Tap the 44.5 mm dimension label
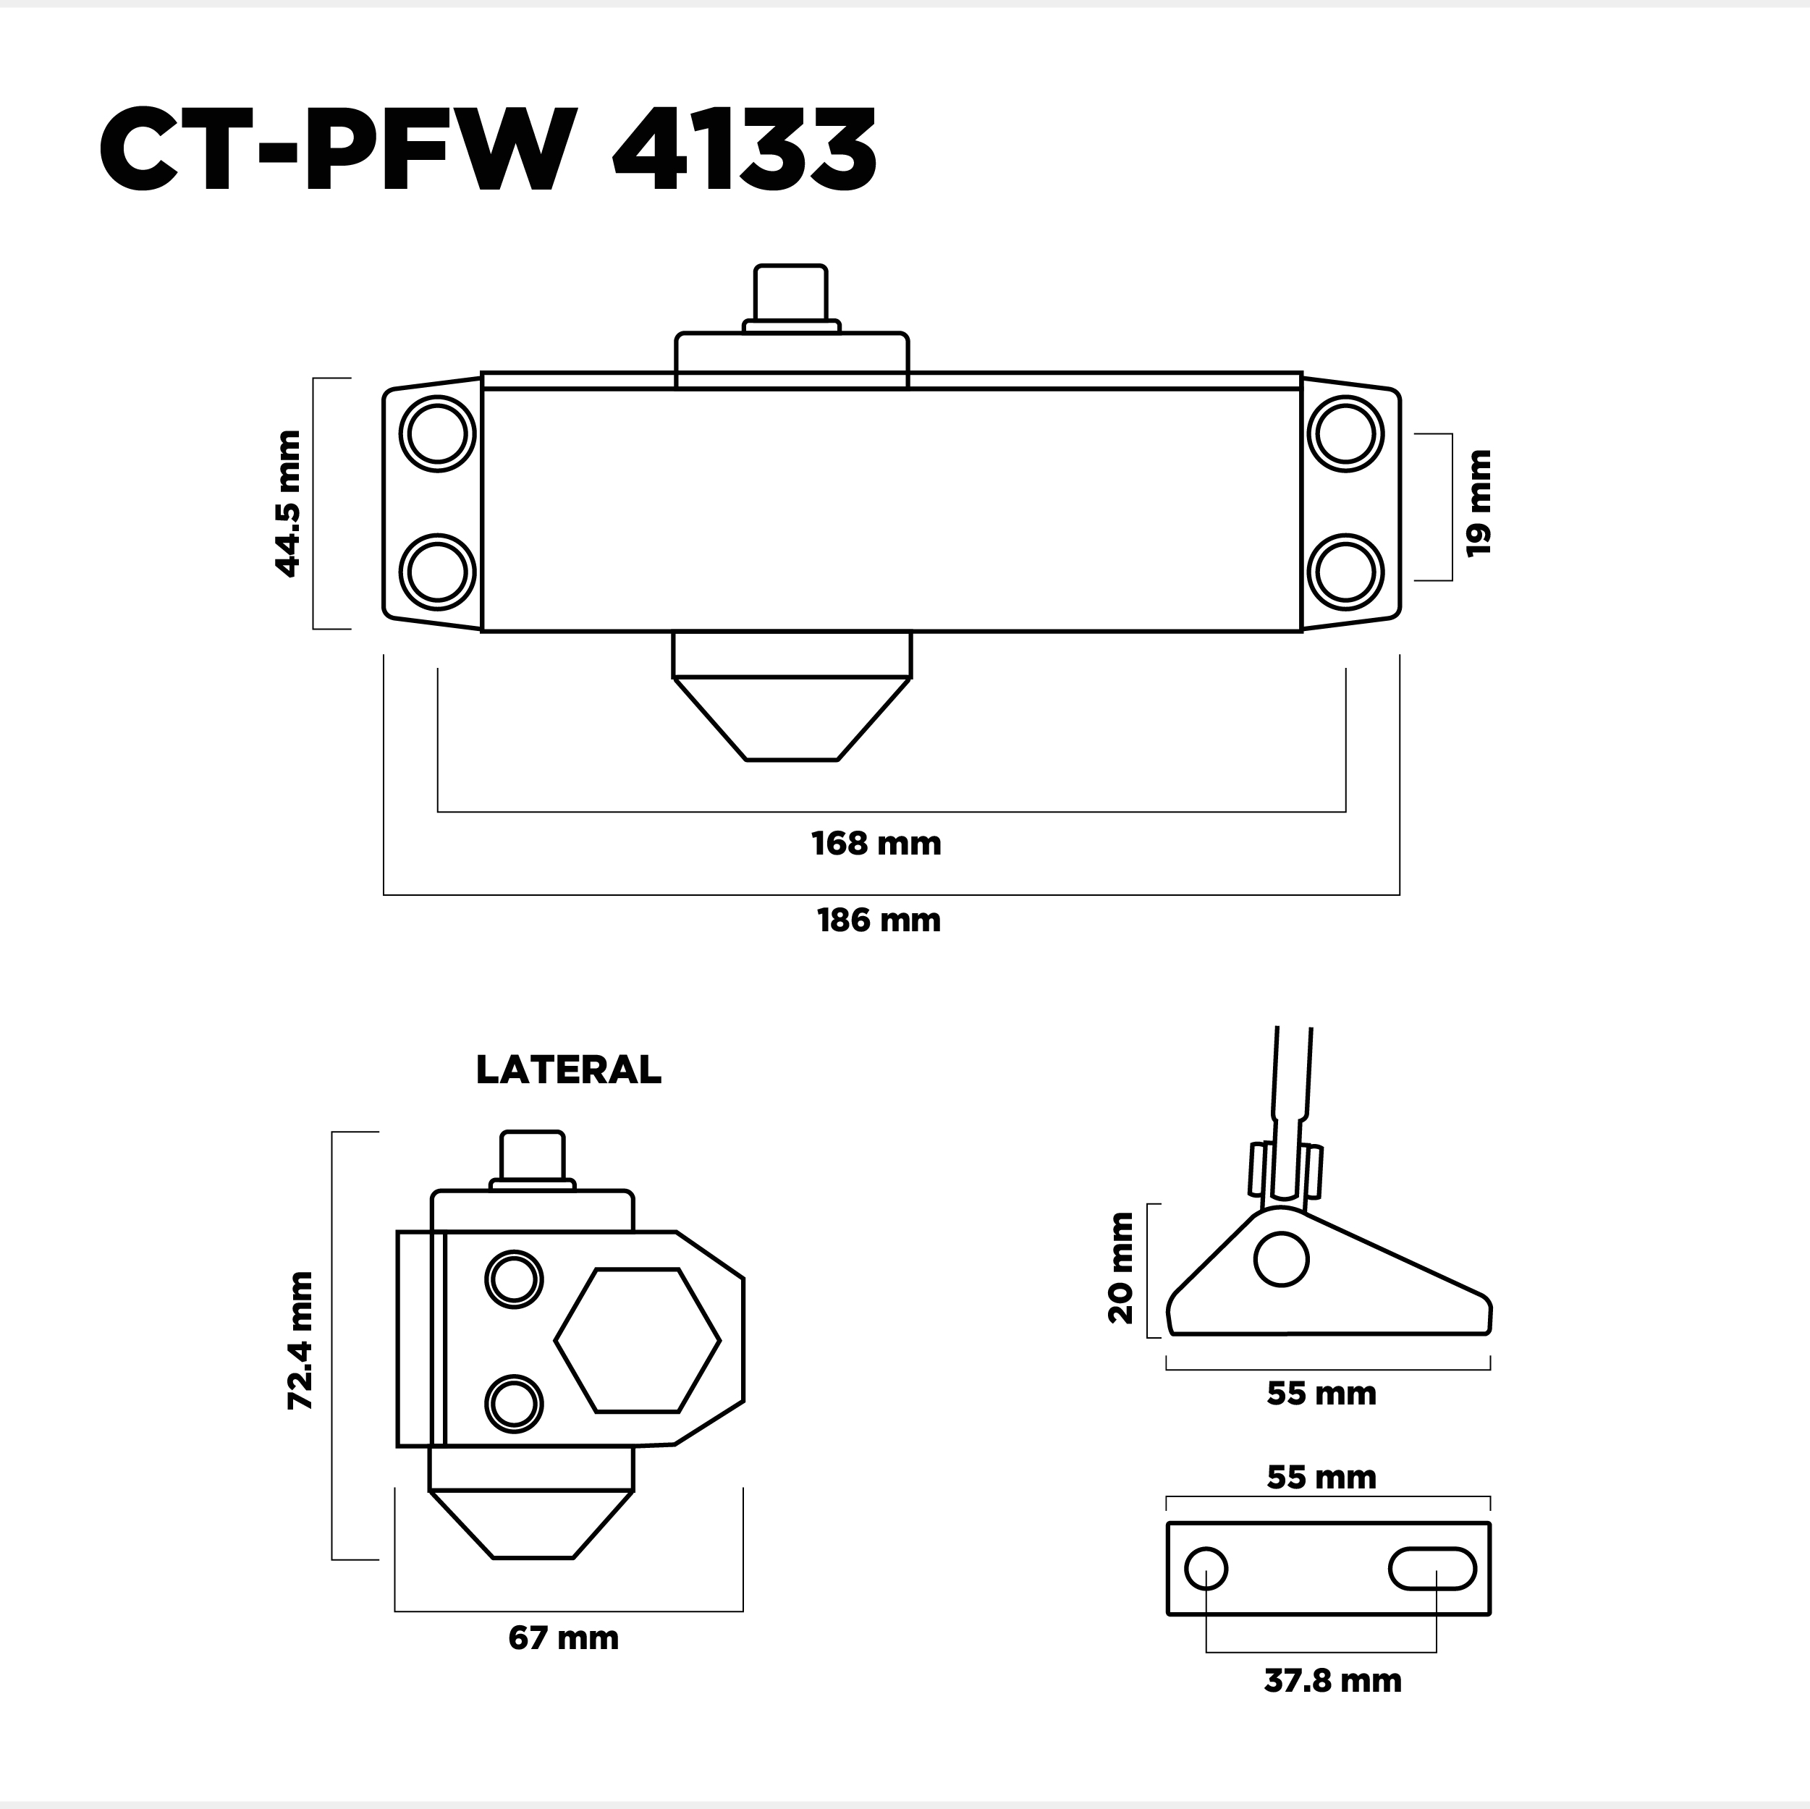click(287, 503)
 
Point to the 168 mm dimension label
click(876, 843)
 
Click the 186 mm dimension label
click(879, 920)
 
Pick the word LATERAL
click(569, 1070)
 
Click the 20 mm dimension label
click(1120, 1268)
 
